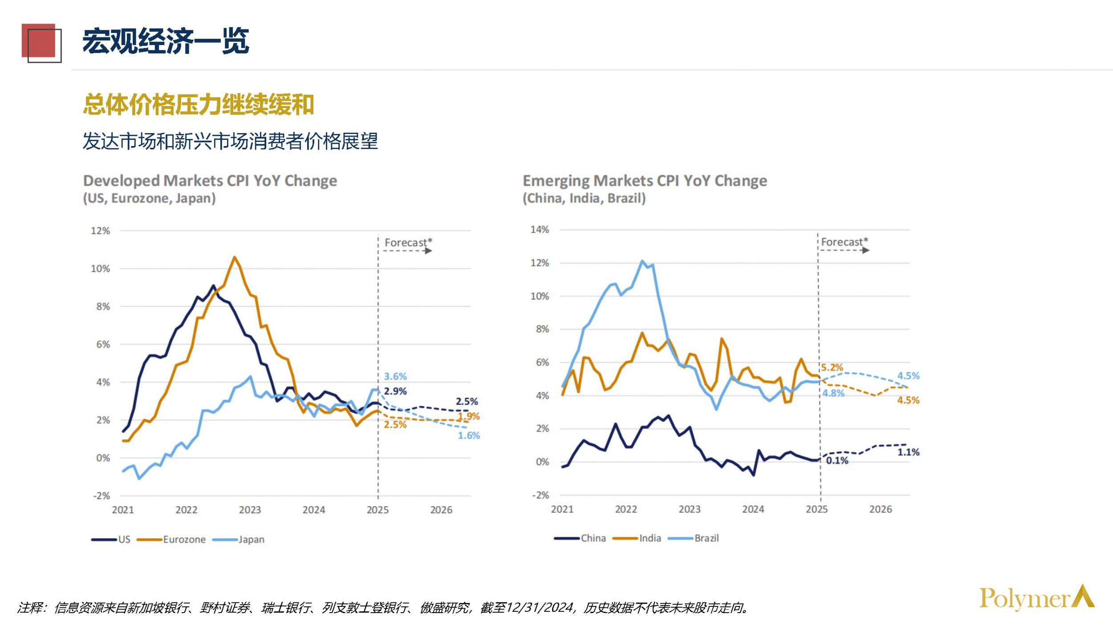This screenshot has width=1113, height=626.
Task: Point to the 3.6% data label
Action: (395, 377)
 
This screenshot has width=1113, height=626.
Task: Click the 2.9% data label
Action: (395, 391)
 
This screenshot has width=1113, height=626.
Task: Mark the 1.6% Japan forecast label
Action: (469, 436)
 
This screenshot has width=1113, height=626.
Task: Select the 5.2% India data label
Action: (832, 368)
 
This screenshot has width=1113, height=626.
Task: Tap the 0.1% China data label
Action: (837, 461)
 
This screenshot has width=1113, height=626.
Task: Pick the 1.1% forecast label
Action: (908, 452)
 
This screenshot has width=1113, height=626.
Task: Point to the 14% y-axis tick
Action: (540, 230)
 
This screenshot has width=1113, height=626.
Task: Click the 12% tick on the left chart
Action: (100, 231)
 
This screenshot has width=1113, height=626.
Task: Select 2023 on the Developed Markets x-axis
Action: (250, 510)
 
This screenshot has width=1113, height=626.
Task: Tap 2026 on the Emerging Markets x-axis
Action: (880, 509)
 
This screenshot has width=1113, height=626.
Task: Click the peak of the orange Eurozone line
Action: (234, 257)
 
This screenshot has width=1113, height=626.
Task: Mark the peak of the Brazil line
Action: (642, 261)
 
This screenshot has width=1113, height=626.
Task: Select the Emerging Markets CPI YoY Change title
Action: (645, 181)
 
